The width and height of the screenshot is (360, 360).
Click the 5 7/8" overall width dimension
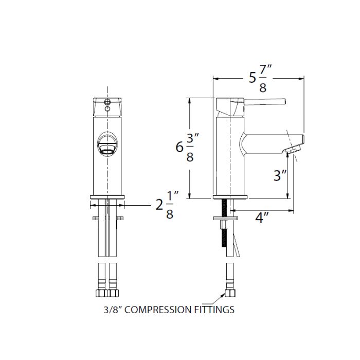(261, 78)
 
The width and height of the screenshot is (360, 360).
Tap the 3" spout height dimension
(280, 175)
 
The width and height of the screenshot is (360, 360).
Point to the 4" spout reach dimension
(262, 217)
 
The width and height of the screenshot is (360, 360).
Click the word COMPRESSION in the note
(158, 310)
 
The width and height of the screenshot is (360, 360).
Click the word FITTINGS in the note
(214, 310)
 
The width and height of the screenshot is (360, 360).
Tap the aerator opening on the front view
(107, 151)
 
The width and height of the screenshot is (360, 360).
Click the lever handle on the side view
(264, 102)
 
